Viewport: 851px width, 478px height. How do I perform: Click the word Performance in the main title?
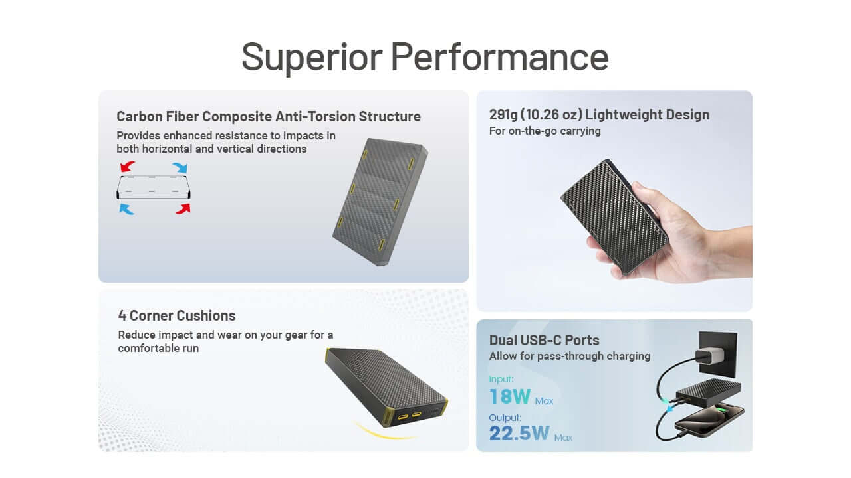point(499,57)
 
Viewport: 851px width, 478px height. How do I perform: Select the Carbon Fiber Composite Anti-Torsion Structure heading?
point(268,116)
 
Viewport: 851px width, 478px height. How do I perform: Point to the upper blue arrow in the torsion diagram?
point(180,167)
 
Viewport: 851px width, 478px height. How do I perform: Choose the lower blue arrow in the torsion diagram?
point(127,209)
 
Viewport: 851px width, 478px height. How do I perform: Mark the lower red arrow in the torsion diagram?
point(182,208)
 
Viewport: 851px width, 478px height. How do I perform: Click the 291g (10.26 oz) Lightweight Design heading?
point(599,114)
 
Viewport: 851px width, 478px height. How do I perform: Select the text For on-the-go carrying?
point(545,131)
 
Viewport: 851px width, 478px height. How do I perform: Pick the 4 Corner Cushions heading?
point(177,315)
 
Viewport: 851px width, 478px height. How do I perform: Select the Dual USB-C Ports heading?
point(544,340)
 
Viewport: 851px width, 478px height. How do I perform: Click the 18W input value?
point(510,397)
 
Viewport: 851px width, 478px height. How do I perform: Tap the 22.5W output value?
point(519,434)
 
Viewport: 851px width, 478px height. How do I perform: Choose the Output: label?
point(505,418)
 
